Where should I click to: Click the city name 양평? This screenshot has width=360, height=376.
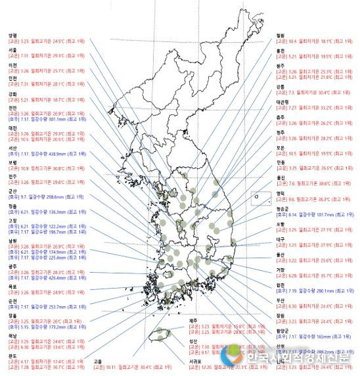[11, 35]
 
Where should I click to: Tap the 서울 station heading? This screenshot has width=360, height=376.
[11, 50]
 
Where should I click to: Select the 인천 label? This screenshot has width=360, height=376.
[11, 78]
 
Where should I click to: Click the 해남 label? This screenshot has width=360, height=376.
[11, 336]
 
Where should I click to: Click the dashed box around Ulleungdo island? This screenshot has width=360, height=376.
[261, 198]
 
